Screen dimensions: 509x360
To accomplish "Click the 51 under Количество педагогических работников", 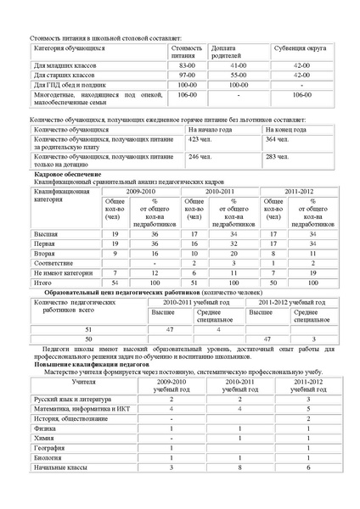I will tap(88, 327).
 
